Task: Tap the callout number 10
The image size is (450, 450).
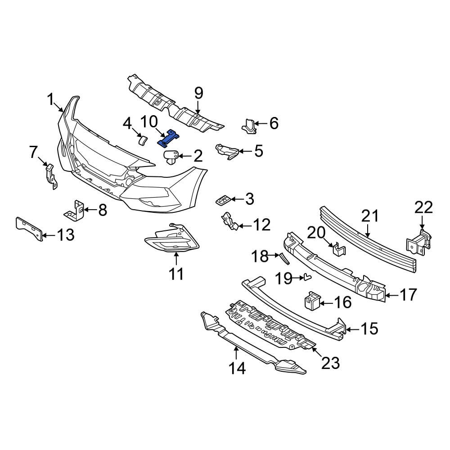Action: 148,122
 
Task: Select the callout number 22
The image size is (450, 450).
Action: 423,207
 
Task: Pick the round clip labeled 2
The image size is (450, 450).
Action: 171,157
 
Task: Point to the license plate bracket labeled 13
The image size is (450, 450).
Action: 30,229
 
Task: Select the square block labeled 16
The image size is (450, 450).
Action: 312,301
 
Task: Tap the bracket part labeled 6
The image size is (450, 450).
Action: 249,126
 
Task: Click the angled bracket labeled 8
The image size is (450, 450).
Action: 75,210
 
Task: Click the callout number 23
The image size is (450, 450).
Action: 330,363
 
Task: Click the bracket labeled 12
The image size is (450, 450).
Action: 229,221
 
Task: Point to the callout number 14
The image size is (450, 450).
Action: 237,369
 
